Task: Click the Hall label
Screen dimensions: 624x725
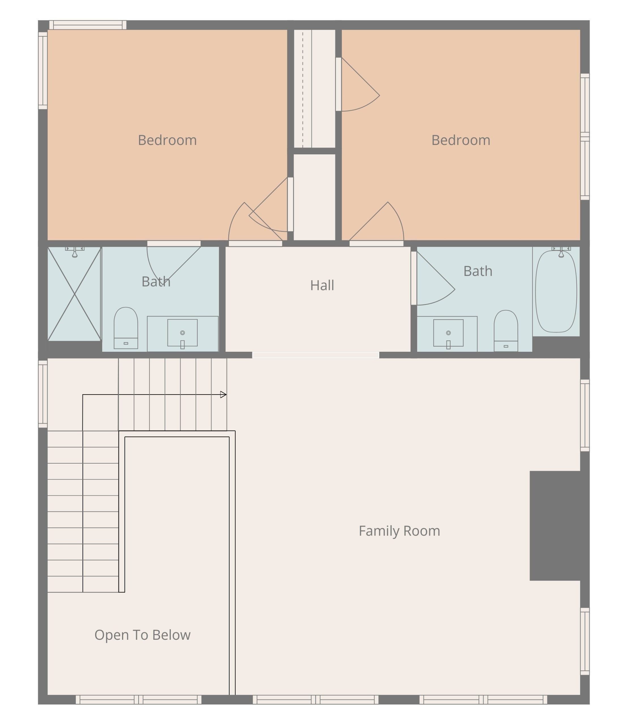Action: click(322, 285)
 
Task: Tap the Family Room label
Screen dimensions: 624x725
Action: click(399, 531)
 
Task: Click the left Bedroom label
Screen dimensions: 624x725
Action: click(167, 140)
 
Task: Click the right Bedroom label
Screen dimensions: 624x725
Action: click(461, 140)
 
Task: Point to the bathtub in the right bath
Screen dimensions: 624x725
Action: click(556, 291)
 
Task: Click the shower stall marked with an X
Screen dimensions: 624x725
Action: click(74, 294)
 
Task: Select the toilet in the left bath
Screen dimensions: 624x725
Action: click(126, 328)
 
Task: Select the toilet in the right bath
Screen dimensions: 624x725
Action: click(506, 331)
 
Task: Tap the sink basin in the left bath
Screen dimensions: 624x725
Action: click(182, 333)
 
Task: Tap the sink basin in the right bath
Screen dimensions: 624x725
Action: click(448, 333)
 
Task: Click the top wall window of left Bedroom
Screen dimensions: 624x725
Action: click(88, 25)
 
